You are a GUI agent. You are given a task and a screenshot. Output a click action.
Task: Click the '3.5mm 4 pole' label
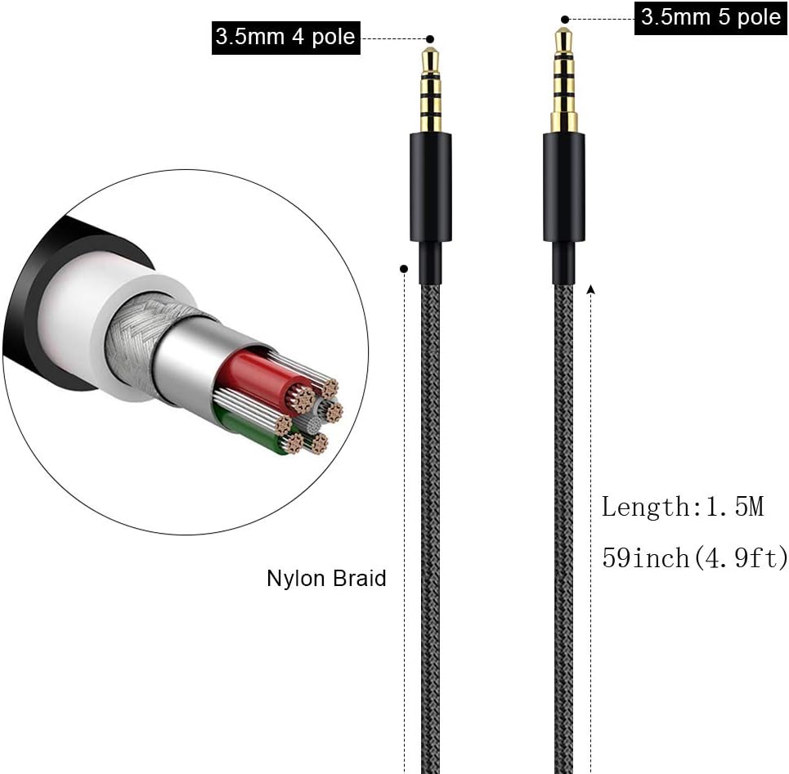(x=286, y=38)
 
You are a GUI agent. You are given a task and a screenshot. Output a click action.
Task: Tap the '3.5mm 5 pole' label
(x=711, y=18)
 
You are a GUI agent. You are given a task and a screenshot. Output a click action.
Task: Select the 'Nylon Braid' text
(x=326, y=579)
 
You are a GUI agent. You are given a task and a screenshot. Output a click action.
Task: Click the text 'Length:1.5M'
(x=683, y=507)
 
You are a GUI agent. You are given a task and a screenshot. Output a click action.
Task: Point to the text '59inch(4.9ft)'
(x=695, y=557)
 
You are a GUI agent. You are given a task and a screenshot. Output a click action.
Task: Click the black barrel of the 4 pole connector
(x=431, y=187)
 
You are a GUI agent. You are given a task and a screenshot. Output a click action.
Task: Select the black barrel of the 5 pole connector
(x=563, y=187)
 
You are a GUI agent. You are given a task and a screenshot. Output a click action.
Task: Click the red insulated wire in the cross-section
(x=262, y=378)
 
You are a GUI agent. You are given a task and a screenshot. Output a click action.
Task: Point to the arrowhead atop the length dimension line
(x=591, y=289)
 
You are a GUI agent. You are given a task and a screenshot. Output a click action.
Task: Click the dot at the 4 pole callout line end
(x=430, y=39)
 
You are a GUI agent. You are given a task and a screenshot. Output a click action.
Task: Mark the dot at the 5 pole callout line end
(x=565, y=20)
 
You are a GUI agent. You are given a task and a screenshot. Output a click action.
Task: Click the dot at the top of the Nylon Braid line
(x=404, y=269)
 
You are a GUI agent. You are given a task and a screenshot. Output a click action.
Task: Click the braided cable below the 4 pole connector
(x=430, y=528)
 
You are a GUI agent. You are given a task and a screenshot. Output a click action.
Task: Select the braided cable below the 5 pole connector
(x=563, y=528)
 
